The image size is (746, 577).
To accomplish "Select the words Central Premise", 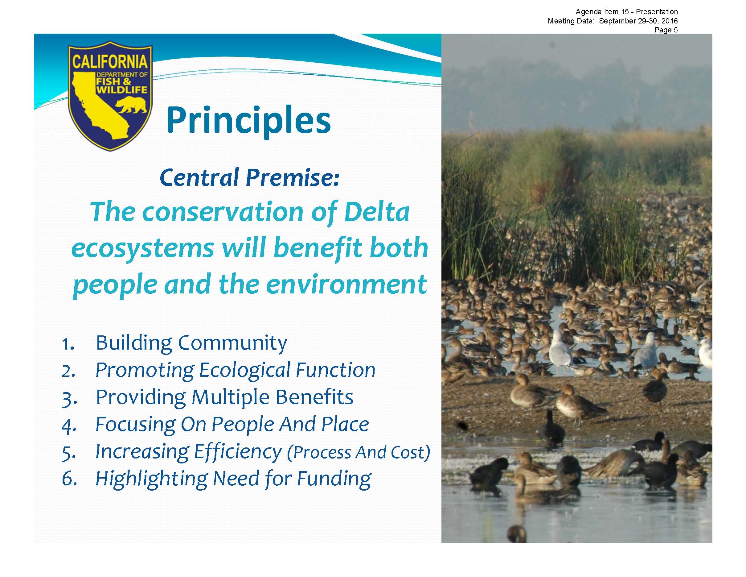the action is (249, 178).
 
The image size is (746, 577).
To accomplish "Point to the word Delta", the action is (377, 212).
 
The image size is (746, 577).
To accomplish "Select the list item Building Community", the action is (191, 343).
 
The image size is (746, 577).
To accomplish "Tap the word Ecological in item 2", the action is (244, 370).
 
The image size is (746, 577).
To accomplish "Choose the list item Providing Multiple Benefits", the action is (224, 397).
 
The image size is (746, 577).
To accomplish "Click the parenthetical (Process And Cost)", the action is (358, 452).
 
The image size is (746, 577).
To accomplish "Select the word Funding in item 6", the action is (334, 479).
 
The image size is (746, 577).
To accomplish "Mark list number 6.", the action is (69, 479).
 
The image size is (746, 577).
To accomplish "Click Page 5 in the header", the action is (666, 30).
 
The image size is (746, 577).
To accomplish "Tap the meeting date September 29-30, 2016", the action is (638, 21).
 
